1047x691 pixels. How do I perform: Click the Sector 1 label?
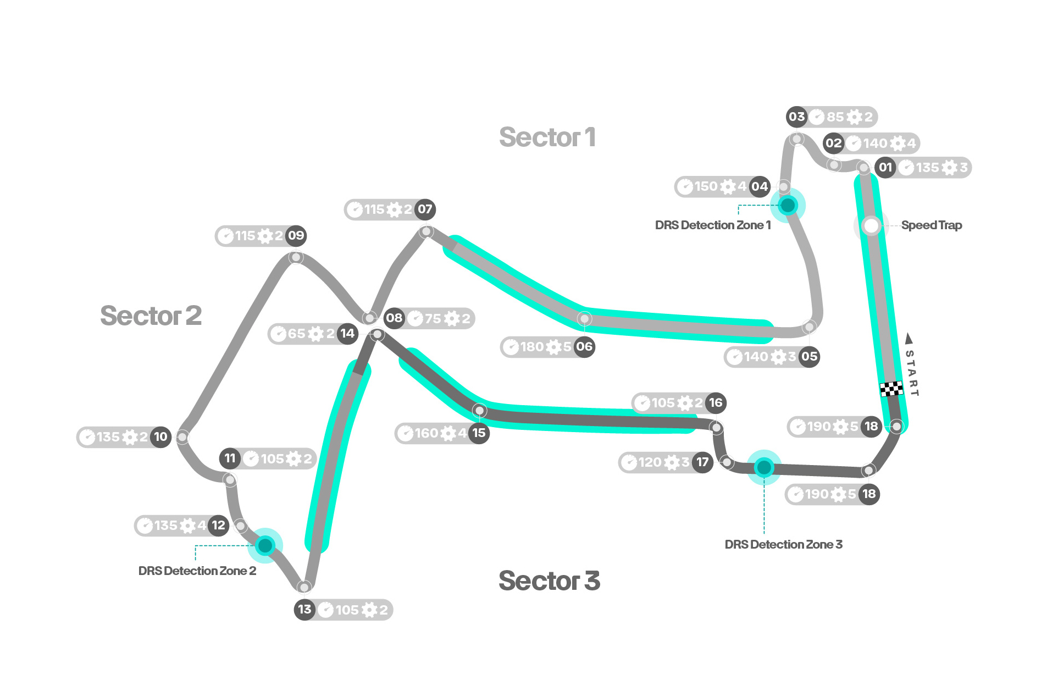547,137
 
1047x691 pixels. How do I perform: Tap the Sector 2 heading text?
151,316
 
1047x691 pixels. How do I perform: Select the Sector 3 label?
549,581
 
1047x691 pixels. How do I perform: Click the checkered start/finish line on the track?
891,389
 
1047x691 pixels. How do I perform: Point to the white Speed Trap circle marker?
871,225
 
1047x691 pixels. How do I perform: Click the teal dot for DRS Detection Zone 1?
788,205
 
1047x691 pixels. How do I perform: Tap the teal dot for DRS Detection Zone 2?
265,545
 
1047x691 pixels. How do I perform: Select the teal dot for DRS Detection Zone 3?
764,467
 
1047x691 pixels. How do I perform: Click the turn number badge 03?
796,117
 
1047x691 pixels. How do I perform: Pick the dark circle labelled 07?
424,209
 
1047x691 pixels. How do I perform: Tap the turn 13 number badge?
304,610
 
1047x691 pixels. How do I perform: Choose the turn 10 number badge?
160,437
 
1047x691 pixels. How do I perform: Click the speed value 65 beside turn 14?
296,334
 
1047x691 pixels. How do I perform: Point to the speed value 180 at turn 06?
531,347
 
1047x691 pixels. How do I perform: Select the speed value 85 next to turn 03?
835,117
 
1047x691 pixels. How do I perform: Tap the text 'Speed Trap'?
932,225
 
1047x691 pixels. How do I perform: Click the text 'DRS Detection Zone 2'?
197,571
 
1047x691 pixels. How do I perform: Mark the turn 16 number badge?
716,403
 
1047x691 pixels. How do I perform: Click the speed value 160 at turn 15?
426,433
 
